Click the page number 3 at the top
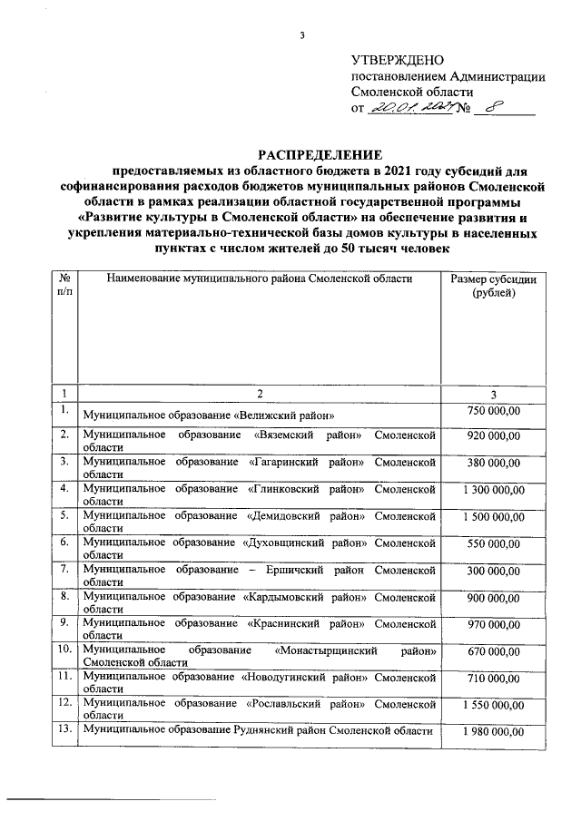(303, 36)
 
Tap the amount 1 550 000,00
(493, 706)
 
